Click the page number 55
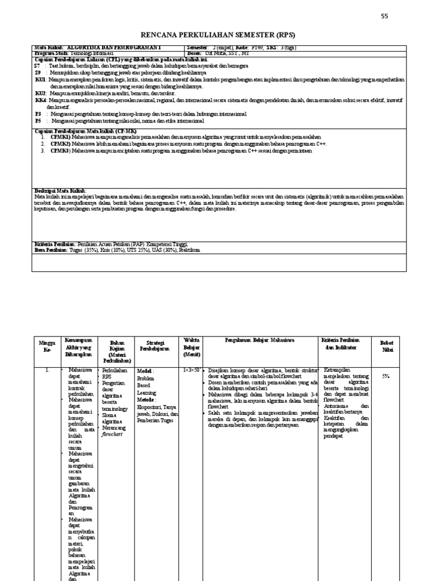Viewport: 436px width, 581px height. point(384,16)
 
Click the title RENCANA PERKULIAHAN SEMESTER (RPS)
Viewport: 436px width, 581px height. point(218,34)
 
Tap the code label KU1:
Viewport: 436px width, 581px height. point(41,81)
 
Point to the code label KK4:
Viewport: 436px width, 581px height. point(41,100)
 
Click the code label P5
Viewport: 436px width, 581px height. point(38,121)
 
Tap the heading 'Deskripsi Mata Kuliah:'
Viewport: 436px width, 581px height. point(60,190)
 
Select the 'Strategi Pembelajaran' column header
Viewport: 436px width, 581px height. point(155,346)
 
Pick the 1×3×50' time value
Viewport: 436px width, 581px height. point(190,370)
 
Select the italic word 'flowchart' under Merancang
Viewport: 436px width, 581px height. point(112,435)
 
